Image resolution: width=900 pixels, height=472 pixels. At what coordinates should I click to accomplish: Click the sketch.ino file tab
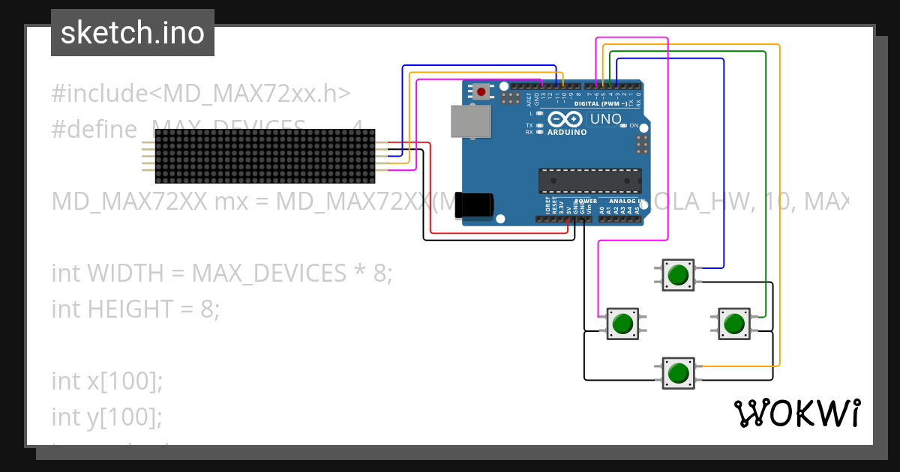[133, 33]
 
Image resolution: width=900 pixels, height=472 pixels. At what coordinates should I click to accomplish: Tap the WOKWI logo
[796, 413]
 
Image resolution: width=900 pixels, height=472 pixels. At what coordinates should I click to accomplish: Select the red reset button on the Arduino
[480, 91]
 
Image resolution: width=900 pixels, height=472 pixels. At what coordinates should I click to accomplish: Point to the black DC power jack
[475, 205]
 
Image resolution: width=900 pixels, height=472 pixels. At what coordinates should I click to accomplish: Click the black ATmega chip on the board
[590, 181]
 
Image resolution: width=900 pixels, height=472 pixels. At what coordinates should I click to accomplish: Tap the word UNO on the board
[606, 118]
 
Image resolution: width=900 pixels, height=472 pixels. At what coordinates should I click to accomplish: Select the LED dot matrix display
[265, 156]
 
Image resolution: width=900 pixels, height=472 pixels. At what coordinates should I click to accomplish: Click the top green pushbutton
[678, 274]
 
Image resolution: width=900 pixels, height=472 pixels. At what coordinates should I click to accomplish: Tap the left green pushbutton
[622, 324]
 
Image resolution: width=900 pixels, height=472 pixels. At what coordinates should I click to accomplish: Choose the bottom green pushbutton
[678, 372]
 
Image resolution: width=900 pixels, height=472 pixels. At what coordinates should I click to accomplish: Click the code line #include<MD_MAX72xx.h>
[201, 94]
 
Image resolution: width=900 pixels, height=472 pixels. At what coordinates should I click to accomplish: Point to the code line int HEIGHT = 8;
[136, 308]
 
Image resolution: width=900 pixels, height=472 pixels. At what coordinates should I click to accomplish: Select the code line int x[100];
[107, 381]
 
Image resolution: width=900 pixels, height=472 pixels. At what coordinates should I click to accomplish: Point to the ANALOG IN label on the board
[624, 201]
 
